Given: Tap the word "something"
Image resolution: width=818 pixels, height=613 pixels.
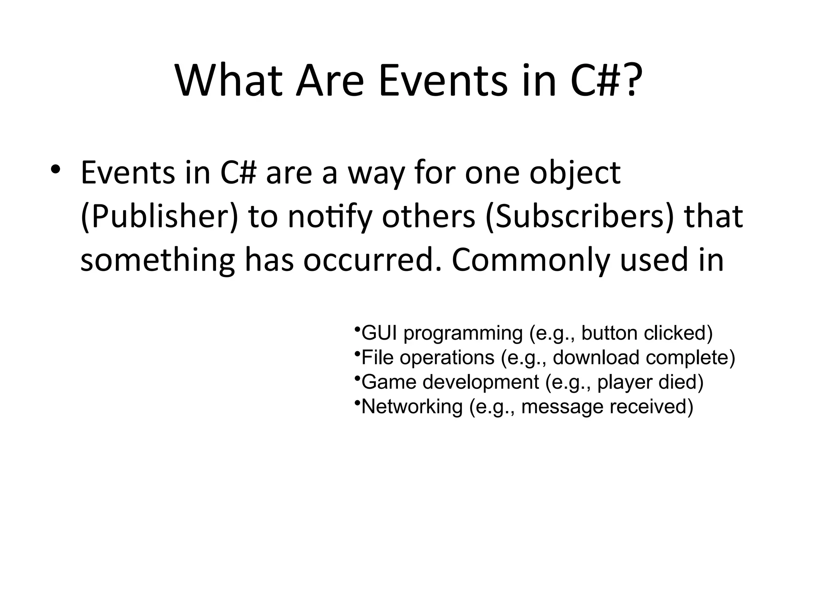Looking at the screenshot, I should point(157,260).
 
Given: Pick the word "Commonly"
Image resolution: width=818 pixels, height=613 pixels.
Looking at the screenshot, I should point(531,260).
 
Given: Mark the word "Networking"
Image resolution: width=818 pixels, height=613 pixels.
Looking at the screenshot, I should point(412,407).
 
